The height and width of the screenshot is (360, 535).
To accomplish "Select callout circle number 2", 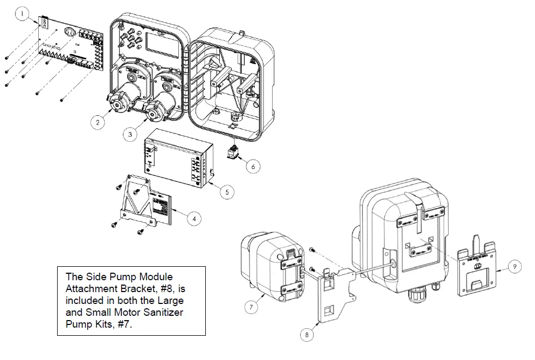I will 98,122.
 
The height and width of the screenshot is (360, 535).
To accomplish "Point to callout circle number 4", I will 194,218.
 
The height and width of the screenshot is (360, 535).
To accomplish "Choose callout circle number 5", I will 227,191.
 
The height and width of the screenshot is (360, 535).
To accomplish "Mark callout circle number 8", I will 307,335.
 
